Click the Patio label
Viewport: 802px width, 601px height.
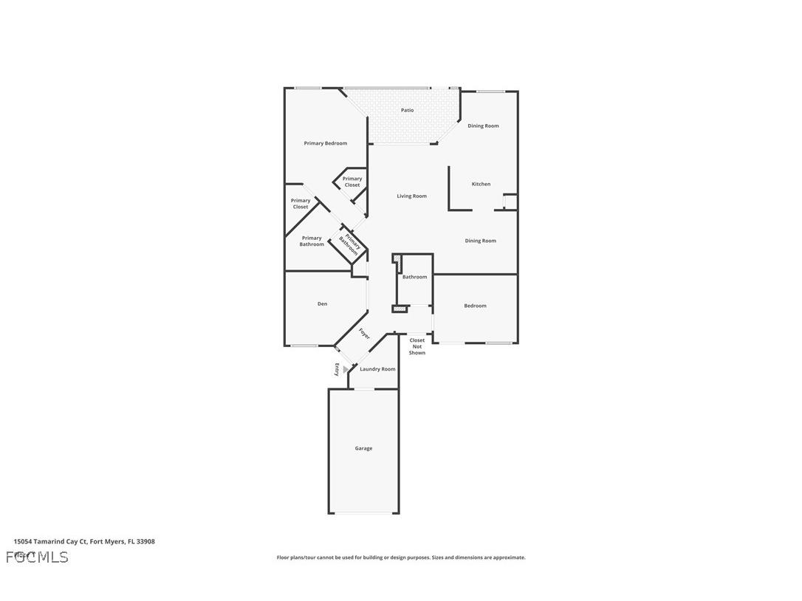coord(407,110)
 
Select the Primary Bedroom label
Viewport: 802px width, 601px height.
coord(325,143)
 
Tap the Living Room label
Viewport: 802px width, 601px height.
coord(411,196)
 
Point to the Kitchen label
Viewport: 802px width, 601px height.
coord(481,185)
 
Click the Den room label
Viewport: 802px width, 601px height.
coord(322,304)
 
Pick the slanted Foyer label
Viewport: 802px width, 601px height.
coord(364,334)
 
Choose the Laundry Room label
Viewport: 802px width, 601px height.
coord(377,369)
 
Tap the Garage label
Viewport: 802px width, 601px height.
coord(363,448)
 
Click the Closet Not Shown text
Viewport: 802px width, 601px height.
coord(417,347)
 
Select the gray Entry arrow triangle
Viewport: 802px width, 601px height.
coord(346,369)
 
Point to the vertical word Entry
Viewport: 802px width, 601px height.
coord(337,370)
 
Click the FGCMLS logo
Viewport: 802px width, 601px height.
coord(37,557)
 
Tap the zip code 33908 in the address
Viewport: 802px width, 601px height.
coord(145,541)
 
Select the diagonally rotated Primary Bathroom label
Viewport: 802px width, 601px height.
coord(349,244)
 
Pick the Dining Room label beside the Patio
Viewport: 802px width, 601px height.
coord(483,126)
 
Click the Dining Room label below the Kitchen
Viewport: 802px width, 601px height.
coord(480,241)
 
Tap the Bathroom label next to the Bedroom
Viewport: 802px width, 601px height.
coord(414,277)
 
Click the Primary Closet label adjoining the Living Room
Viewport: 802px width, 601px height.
coord(352,182)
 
